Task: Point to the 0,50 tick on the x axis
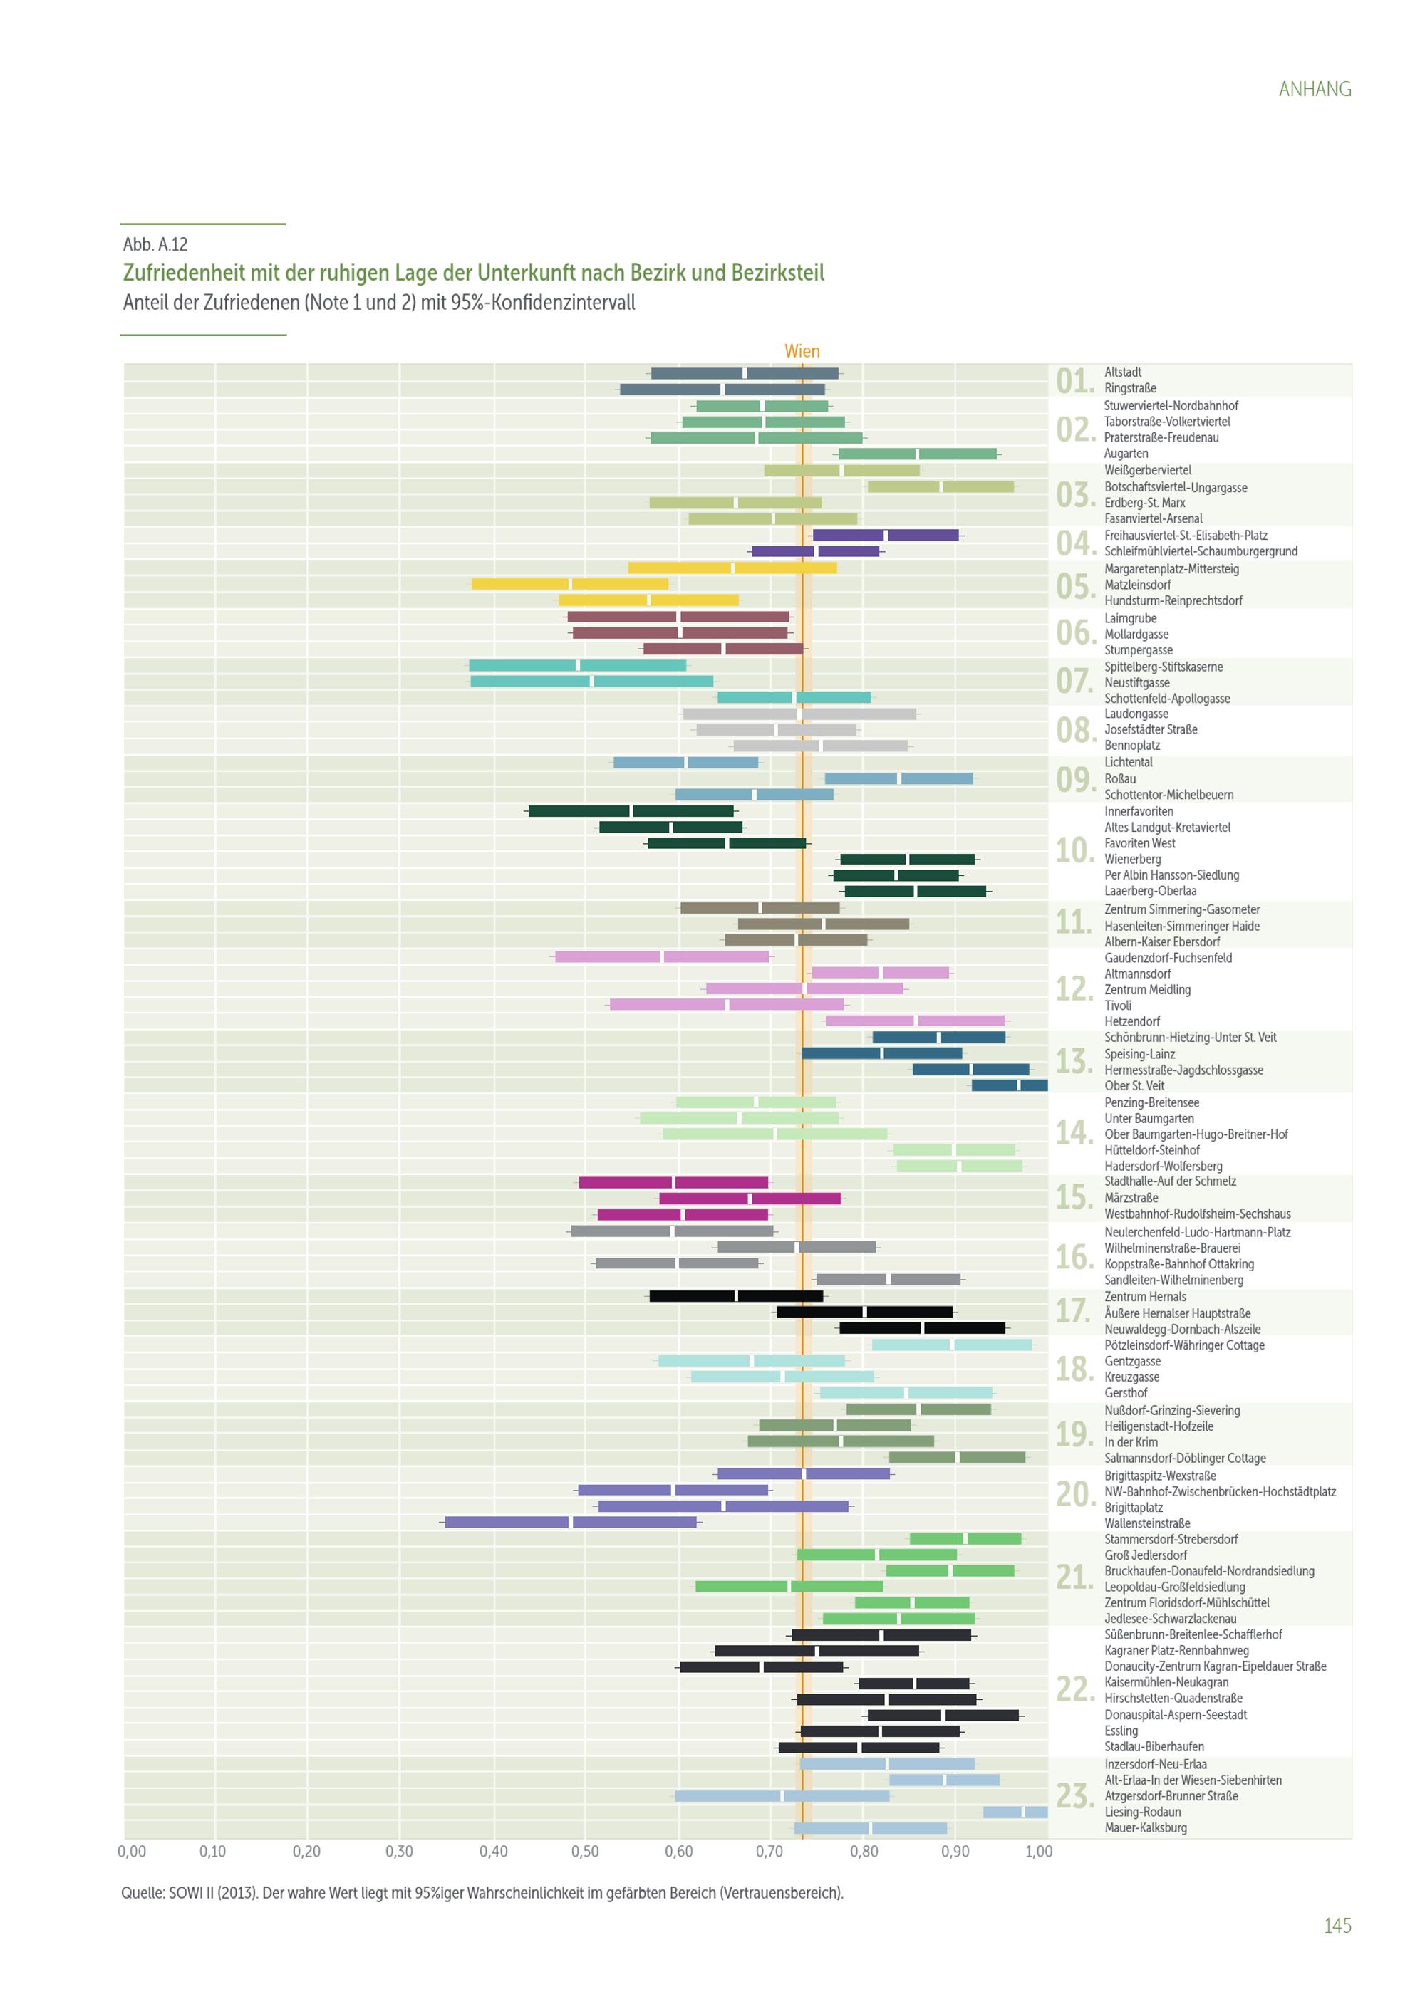click(585, 1851)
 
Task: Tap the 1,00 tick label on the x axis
click(1039, 1851)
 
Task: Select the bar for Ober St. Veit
click(1009, 1085)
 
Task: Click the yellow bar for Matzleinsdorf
click(569, 584)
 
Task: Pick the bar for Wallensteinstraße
click(570, 1522)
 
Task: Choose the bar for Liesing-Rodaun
click(1015, 1811)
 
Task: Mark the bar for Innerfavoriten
click(631, 810)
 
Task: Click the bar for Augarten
click(918, 454)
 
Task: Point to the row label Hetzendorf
click(1132, 1021)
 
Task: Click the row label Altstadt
click(1122, 372)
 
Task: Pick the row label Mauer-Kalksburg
click(1145, 1827)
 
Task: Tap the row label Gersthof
click(1126, 1392)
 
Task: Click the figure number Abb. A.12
click(155, 244)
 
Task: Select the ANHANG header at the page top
click(1315, 88)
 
